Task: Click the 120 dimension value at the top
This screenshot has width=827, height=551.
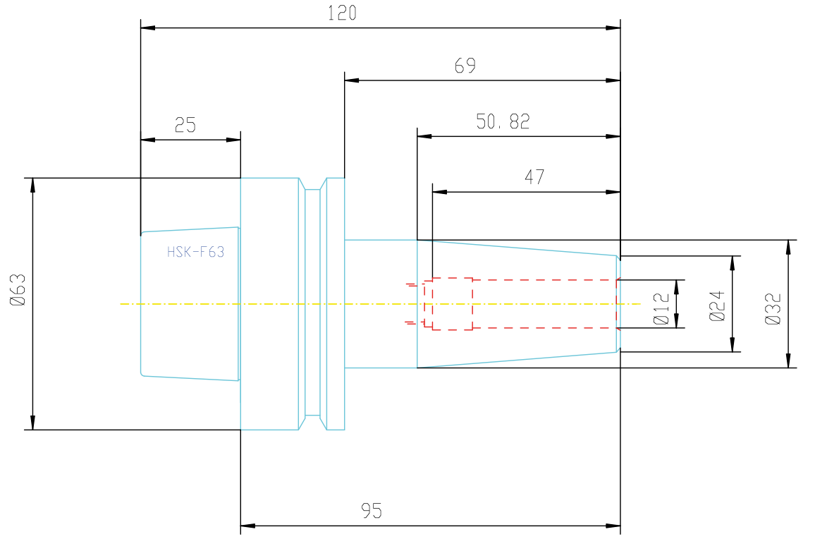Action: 342,13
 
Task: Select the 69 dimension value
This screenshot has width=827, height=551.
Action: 465,66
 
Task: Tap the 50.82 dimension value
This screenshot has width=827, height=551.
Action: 503,121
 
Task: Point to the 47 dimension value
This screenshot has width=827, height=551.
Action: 534,177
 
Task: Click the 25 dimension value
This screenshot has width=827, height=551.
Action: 185,125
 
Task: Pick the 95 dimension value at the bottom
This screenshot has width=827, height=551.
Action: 372,511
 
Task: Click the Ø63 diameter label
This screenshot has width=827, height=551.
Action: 18,290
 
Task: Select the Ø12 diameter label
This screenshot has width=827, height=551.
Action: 661,308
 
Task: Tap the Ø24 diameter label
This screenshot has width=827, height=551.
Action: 717,306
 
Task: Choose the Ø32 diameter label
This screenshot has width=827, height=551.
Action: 773,309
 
